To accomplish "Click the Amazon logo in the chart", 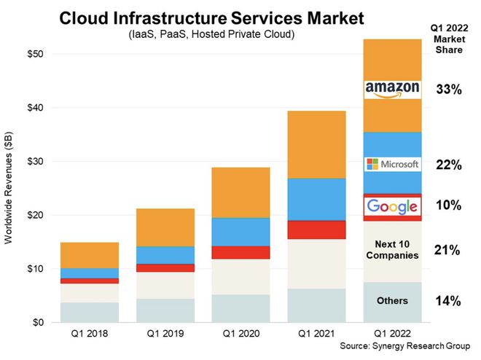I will [392, 89].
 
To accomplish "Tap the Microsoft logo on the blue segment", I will [392, 164].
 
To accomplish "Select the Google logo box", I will [392, 206].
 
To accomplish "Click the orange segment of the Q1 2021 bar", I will [316, 144].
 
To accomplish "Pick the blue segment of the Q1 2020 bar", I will [240, 232].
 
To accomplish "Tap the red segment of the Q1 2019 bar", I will [165, 268].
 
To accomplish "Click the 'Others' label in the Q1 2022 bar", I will [392, 301].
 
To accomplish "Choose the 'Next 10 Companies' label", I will [392, 249].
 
